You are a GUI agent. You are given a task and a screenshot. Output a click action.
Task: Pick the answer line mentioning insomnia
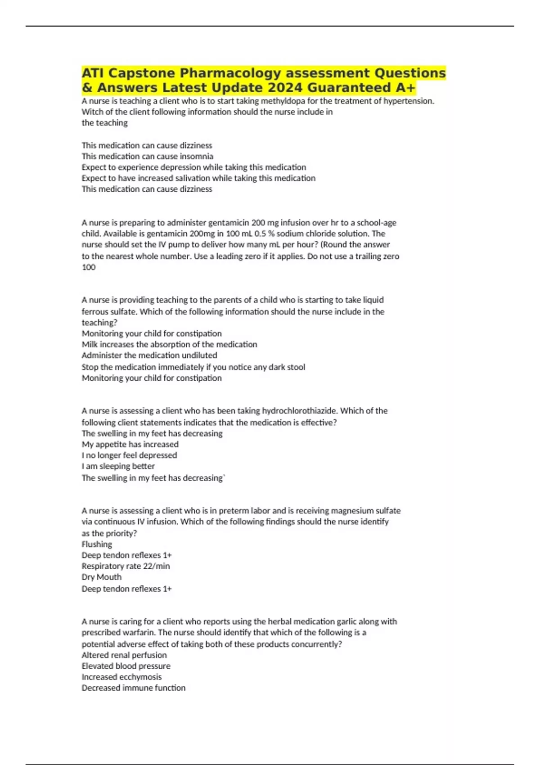[147, 156]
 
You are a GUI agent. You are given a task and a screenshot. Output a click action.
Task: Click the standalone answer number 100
[89, 267]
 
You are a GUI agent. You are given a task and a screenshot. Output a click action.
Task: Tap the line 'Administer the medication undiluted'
[149, 355]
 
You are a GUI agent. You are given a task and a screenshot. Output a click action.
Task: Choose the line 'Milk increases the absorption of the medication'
[169, 344]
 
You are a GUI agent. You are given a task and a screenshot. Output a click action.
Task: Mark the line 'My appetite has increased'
[130, 444]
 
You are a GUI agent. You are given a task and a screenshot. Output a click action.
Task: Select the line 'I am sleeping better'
[118, 466]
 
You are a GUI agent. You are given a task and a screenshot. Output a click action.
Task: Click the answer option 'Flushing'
[97, 544]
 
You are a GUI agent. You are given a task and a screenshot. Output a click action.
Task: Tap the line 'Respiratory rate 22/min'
[126, 566]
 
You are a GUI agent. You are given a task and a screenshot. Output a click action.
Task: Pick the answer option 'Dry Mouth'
[101, 577]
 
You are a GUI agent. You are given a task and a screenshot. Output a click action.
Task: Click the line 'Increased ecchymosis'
[121, 677]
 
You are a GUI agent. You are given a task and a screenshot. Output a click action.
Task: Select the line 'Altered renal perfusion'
[124, 655]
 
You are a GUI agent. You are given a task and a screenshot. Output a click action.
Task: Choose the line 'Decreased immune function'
[133, 688]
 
